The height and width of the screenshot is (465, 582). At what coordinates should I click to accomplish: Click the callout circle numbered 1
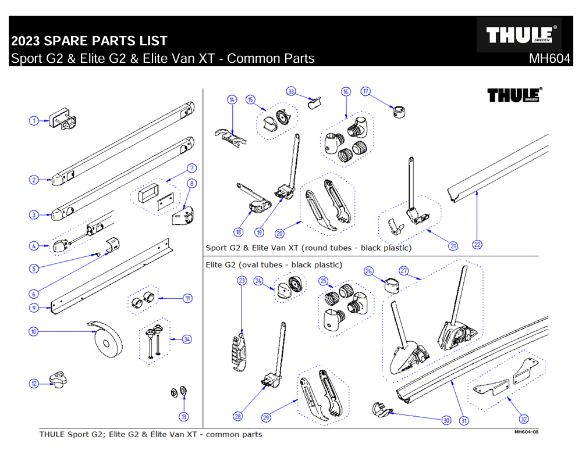pos(34,120)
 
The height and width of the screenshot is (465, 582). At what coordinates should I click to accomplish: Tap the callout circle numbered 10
pos(34,332)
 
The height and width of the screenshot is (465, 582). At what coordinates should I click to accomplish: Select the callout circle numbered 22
pos(477,245)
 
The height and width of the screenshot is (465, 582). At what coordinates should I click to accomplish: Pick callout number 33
pos(292,91)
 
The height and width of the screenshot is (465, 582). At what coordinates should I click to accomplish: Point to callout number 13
pos(184,416)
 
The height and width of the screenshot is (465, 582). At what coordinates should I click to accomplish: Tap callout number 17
pos(366,91)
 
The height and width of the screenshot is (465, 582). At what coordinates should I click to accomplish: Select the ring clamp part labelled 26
pos(391,286)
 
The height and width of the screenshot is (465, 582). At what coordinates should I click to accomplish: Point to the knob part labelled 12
pos(59,381)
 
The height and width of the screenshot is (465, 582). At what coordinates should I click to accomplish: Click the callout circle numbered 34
pos(186,339)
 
